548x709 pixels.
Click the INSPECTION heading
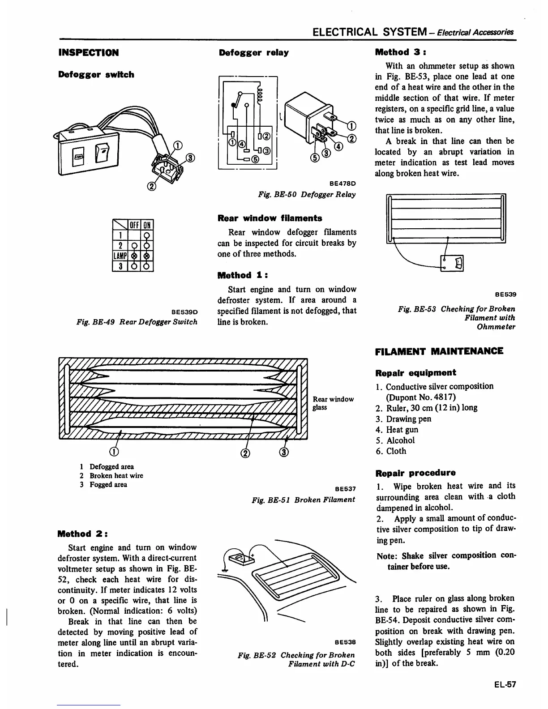88,53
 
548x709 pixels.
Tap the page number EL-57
505,684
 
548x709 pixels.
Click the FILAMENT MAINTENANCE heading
439,351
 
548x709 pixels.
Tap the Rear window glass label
333,403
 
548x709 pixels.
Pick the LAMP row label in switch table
120,256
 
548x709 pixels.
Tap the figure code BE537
345,490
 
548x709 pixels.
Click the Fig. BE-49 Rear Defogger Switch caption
137,322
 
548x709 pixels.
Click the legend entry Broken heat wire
116,475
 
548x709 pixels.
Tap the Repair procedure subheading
415,473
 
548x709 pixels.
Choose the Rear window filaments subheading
270,218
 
